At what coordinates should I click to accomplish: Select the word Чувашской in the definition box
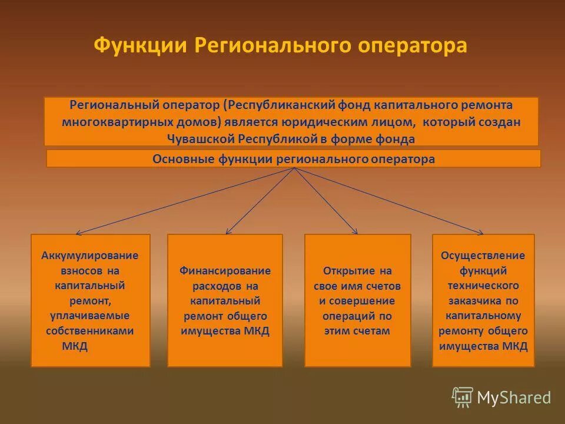pos(201,139)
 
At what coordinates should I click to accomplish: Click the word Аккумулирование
pos(90,256)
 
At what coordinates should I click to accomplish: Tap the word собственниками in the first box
pos(90,330)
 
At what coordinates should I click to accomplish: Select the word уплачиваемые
pos(90,316)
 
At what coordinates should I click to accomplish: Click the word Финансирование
pos(225,271)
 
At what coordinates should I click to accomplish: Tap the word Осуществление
pos(483,256)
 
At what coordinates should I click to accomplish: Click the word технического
pos(483,286)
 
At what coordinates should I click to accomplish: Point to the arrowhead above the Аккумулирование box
pos(78,233)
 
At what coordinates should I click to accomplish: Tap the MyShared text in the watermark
pos(514,398)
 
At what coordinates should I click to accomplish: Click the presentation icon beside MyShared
pos(463,397)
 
